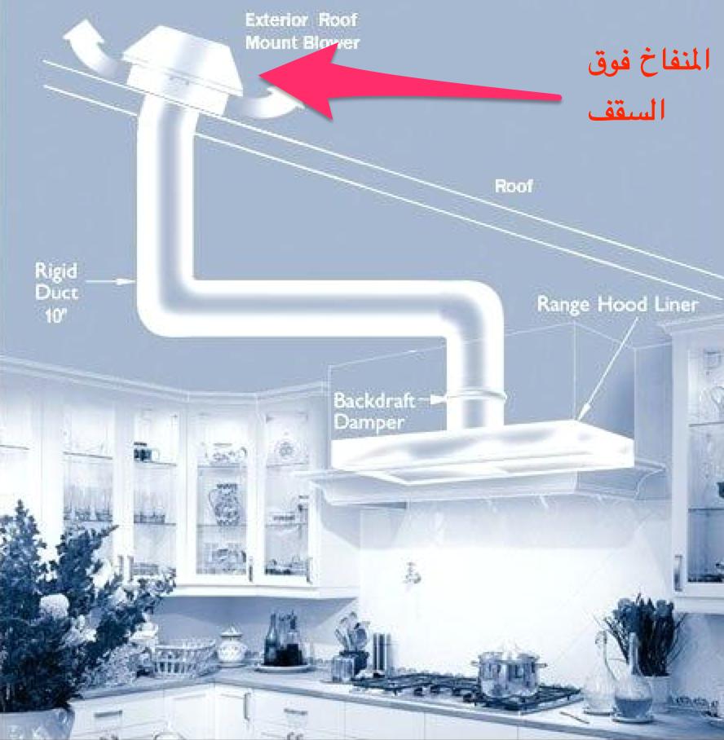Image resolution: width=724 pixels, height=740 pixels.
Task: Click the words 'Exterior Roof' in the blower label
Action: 301,19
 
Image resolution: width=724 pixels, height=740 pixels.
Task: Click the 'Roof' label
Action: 513,186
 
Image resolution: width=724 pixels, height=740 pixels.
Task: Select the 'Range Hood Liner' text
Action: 617,304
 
